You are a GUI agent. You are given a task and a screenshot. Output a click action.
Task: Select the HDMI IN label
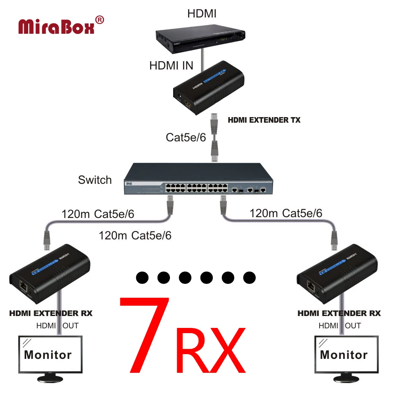point(171,66)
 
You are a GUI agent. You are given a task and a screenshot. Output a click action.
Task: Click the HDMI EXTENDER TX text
point(264,120)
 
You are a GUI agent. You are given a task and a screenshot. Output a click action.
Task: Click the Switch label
point(95,180)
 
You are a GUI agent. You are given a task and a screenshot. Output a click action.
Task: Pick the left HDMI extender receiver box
point(50,274)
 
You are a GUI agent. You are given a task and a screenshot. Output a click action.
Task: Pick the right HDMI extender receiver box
point(337,274)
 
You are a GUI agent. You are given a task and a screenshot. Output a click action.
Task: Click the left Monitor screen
point(48,354)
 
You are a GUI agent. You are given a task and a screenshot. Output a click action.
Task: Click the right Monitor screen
point(344,354)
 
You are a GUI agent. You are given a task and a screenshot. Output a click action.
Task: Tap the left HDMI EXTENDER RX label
point(51,313)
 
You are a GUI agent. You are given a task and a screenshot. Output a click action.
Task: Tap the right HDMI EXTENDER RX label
point(339,313)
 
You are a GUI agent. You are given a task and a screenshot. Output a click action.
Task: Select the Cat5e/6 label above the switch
point(186,137)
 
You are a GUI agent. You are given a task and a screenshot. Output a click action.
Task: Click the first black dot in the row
point(142,277)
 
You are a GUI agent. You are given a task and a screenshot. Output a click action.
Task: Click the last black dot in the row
point(249,277)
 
